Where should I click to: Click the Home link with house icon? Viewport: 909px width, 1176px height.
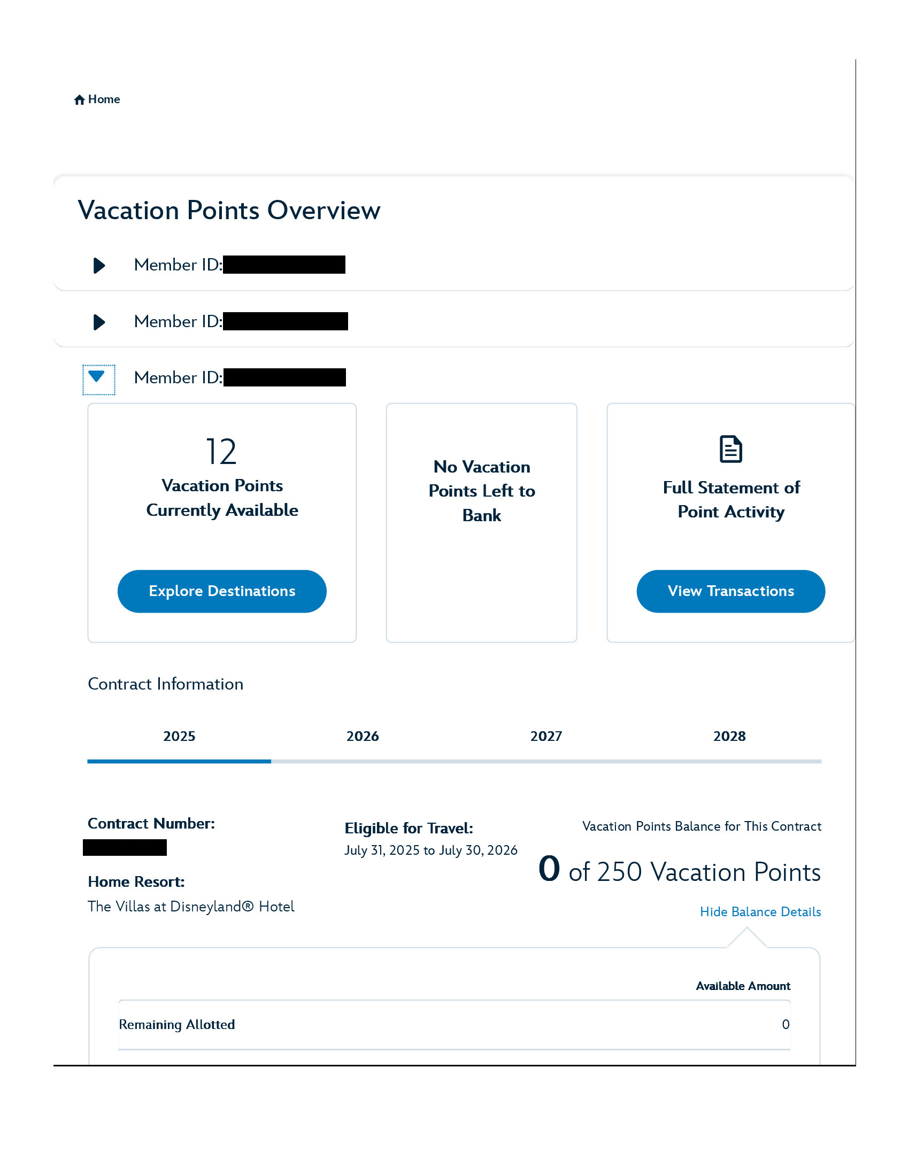[x=97, y=99]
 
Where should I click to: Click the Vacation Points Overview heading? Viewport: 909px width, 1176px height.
[x=229, y=211]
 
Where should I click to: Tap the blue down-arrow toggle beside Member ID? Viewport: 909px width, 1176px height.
[x=98, y=378]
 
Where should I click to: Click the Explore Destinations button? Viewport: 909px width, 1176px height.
[x=222, y=591]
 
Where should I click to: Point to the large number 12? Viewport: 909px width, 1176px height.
[x=221, y=452]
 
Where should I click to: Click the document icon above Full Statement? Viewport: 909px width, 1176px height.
[x=731, y=450]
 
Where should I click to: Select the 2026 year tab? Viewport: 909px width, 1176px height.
[x=363, y=737]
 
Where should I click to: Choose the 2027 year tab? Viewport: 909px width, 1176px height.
[x=546, y=737]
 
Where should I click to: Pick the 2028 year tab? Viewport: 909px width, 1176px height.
[x=729, y=737]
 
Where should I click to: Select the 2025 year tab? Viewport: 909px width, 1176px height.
[x=179, y=737]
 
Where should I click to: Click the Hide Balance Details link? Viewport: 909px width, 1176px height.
[x=760, y=912]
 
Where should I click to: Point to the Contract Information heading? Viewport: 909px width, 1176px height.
[x=165, y=684]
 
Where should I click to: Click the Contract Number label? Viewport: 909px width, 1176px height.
[x=151, y=824]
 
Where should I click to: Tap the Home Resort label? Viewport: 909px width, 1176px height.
[x=136, y=882]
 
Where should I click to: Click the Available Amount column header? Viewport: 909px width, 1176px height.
[x=743, y=986]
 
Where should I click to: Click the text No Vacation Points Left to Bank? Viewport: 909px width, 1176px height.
[x=481, y=491]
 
